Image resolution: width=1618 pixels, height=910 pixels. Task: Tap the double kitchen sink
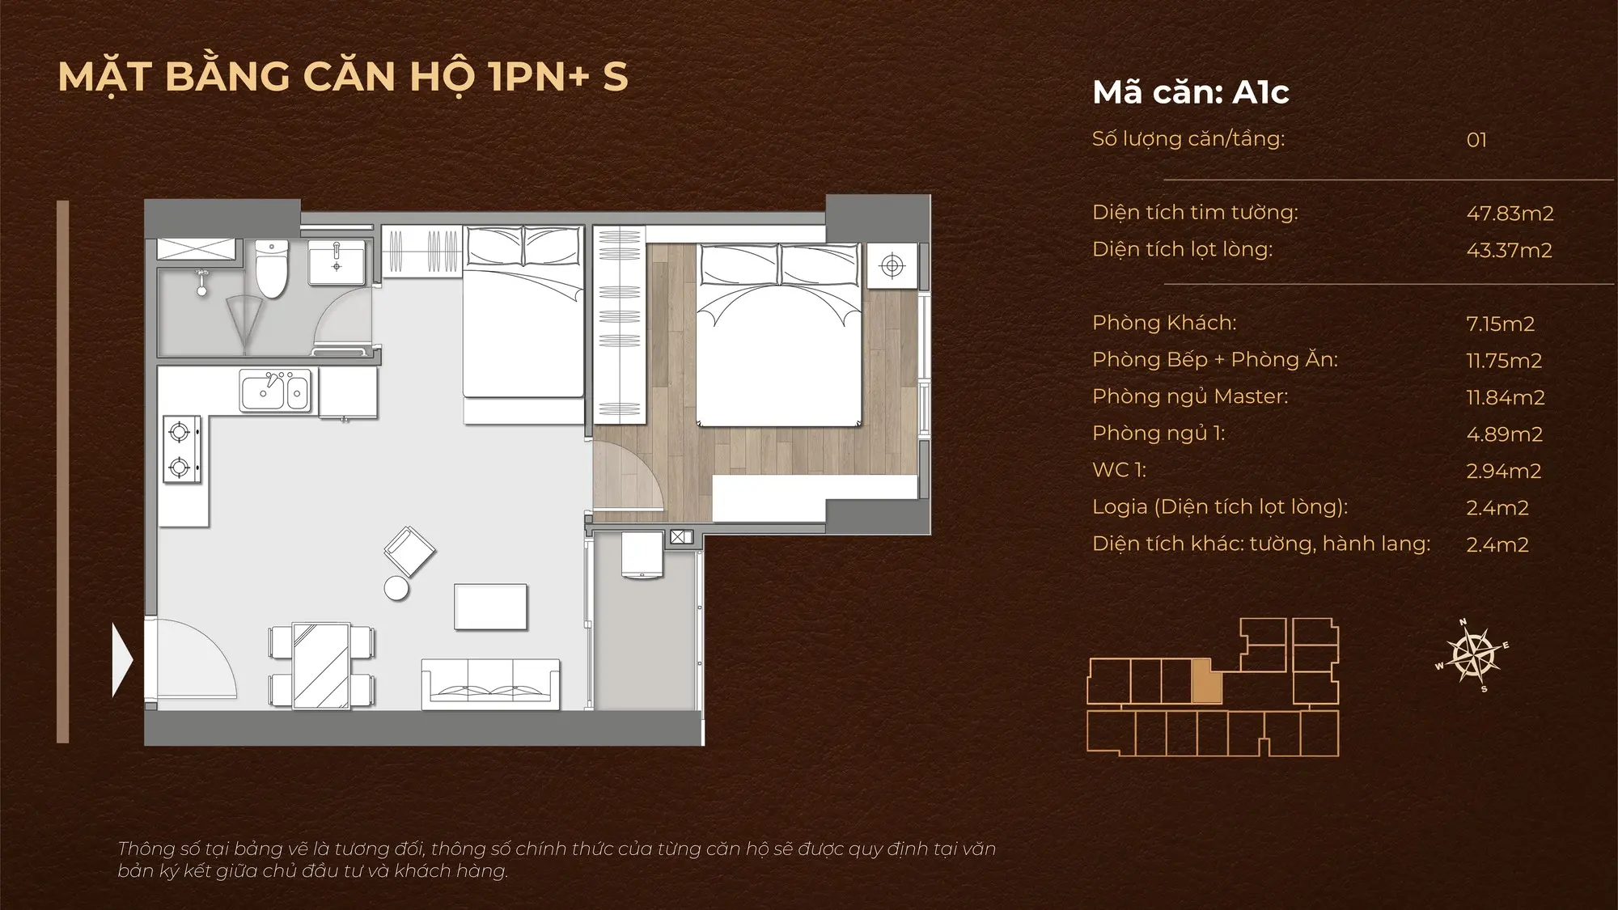[x=275, y=392]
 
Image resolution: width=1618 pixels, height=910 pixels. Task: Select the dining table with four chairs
[x=321, y=665]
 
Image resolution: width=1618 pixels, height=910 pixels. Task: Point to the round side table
[x=396, y=588]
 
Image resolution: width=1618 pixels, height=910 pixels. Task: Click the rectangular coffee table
[x=491, y=607]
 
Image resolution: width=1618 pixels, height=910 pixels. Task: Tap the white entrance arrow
[x=122, y=660]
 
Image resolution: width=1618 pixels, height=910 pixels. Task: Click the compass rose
[x=1472, y=655]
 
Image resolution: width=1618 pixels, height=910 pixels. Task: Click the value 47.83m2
[x=1510, y=214]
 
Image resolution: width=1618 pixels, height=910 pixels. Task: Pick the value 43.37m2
[x=1509, y=250]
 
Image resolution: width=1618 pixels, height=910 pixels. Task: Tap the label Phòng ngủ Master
[x=1190, y=396]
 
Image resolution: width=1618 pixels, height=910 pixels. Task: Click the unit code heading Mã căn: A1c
[x=1191, y=92]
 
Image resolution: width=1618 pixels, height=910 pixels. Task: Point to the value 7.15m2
[x=1500, y=324]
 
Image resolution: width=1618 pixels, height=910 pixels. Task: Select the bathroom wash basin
[x=337, y=261]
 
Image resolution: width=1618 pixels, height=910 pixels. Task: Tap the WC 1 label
[x=1119, y=470]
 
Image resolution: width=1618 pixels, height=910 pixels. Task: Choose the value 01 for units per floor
[x=1476, y=140]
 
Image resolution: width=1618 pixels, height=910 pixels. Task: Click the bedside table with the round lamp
[x=892, y=265]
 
